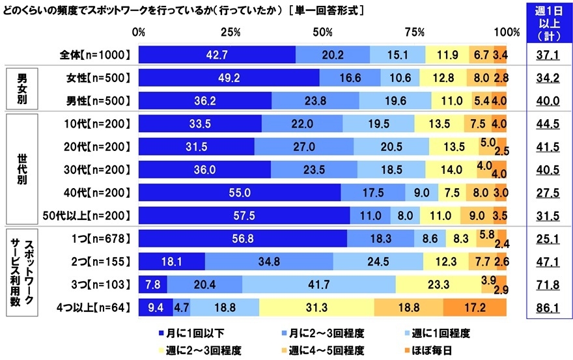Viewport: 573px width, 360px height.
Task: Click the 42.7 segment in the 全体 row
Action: (x=217, y=55)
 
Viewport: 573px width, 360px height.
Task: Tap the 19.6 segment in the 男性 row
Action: (x=395, y=101)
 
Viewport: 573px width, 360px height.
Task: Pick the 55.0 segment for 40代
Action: (x=239, y=192)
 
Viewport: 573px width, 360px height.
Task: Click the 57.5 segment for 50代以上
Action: (x=244, y=215)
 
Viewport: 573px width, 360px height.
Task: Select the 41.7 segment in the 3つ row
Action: (x=318, y=284)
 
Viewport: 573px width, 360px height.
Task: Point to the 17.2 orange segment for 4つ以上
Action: (x=475, y=307)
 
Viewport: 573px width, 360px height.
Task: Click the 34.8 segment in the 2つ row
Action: (x=269, y=262)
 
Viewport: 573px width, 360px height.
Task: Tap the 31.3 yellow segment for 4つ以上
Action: (x=316, y=307)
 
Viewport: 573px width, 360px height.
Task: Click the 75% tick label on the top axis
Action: (x=415, y=32)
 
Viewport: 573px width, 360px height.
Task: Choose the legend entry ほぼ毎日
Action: (x=442, y=350)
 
